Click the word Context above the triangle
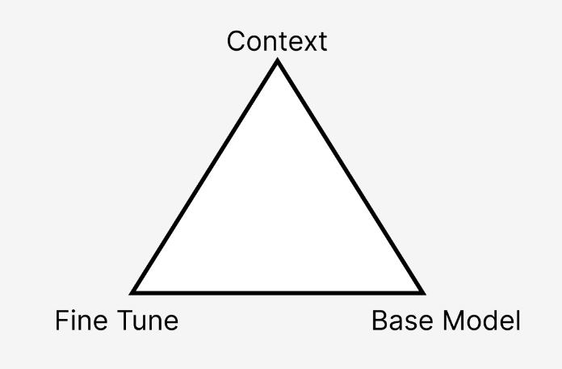point(277,41)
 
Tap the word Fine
point(78,321)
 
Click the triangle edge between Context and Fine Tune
point(205,177)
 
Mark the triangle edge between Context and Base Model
point(350,177)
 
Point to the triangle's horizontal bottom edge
point(278,291)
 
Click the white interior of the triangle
point(278,218)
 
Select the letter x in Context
point(303,43)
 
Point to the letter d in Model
point(491,321)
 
